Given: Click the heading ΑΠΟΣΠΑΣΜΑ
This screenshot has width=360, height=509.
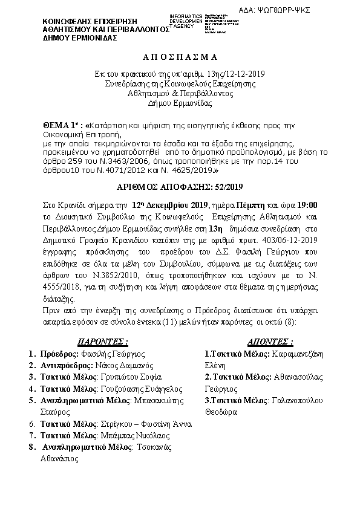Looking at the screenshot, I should (180, 57).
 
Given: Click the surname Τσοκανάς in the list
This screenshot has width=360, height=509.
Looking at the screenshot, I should (154, 447).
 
